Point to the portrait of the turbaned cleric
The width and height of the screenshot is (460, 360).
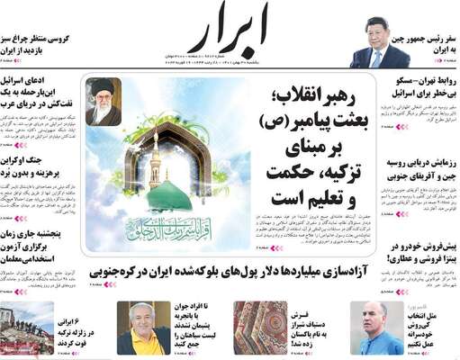tap(103, 100)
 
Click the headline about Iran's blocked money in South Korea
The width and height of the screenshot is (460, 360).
tap(243, 268)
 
